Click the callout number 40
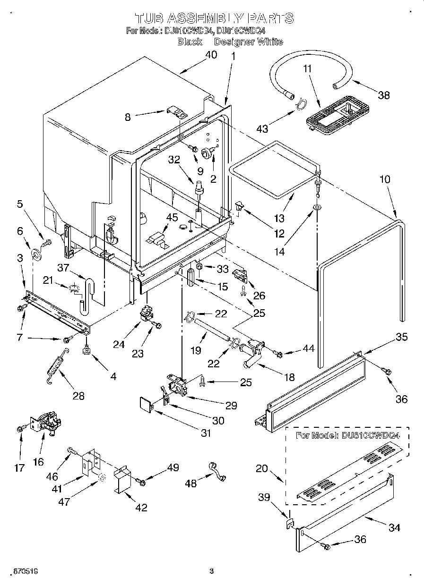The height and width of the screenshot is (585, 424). click(211, 55)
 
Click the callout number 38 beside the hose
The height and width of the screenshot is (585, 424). click(384, 95)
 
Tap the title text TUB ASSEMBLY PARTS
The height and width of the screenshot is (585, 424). click(214, 18)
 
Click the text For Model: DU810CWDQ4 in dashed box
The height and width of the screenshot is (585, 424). click(347, 435)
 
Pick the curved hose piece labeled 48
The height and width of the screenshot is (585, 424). click(216, 472)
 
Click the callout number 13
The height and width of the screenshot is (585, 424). click(279, 218)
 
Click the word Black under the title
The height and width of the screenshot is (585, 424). click(190, 42)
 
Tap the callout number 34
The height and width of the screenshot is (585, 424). click(394, 527)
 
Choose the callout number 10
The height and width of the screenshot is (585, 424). click(385, 179)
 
